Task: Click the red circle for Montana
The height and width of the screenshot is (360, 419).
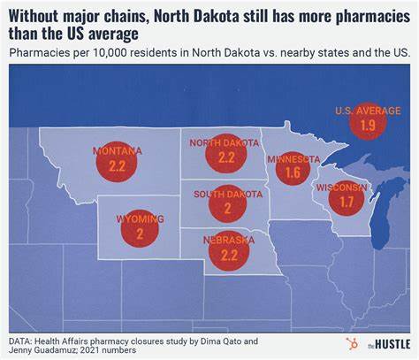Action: pos(117,164)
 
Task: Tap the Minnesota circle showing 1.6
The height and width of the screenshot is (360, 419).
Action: pos(293,171)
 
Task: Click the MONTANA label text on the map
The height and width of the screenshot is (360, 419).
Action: pos(117,151)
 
